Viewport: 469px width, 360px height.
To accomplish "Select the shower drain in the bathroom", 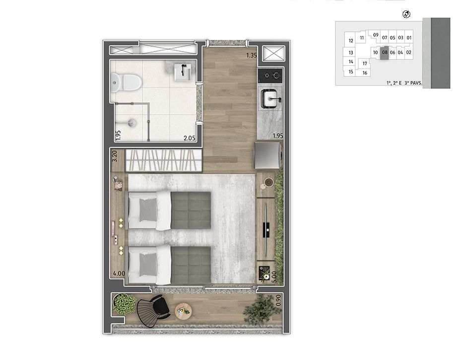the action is (x=132, y=122).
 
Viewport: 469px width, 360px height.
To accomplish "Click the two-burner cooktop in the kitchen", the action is (x=270, y=75).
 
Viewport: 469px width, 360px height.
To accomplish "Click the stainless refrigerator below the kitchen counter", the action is (x=268, y=155).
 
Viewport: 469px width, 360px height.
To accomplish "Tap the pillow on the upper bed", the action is (x=148, y=210).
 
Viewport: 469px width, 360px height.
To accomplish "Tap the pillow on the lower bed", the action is (x=148, y=265).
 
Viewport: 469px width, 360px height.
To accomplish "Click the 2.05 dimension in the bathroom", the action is (x=189, y=138).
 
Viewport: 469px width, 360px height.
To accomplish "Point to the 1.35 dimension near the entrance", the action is (x=252, y=55).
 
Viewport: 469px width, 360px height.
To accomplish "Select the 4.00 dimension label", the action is (x=119, y=273).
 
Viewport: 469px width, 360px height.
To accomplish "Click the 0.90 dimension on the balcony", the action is (x=278, y=300).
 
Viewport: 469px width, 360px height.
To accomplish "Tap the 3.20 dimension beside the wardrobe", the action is (x=114, y=156).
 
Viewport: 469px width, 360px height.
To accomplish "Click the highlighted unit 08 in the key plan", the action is (x=385, y=53).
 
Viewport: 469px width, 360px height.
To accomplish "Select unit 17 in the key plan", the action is (x=365, y=64).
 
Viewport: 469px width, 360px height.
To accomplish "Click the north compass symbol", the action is (x=406, y=14).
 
